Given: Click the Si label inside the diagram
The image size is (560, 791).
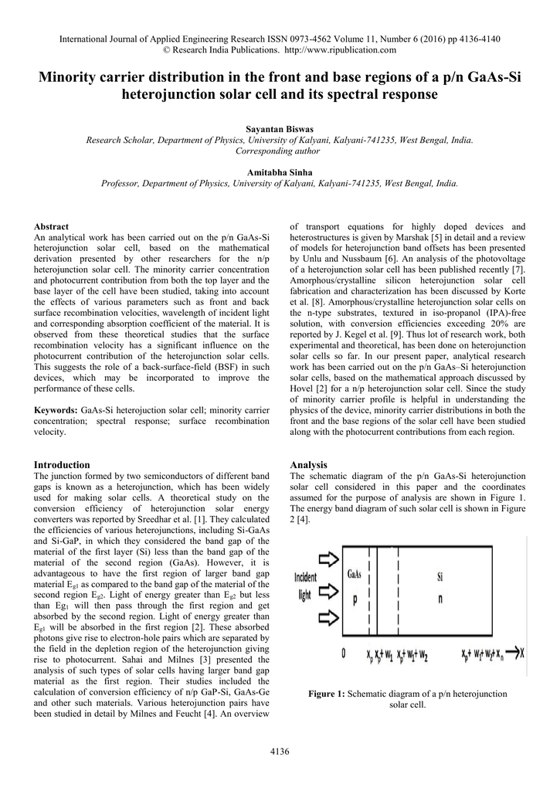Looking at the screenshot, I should tap(440, 577).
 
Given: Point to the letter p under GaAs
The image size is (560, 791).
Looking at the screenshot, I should tap(355, 599).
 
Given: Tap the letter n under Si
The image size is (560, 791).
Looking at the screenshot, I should tap(440, 599).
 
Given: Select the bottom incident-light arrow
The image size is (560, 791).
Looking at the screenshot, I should tap(329, 617).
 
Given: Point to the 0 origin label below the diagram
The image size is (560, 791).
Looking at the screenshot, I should tap(343, 654).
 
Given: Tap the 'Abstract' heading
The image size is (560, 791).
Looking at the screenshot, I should tap(53, 226).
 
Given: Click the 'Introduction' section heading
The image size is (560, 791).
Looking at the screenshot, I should tap(63, 465).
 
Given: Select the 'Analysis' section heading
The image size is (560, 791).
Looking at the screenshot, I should tap(308, 465).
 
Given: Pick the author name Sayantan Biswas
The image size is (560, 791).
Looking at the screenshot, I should tap(280, 128).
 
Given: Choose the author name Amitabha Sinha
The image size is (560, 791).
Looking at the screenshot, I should tap(280, 172).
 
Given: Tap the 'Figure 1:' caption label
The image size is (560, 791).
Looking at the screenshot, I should tap(327, 694).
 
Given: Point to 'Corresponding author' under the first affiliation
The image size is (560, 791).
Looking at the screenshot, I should tap(280, 151).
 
